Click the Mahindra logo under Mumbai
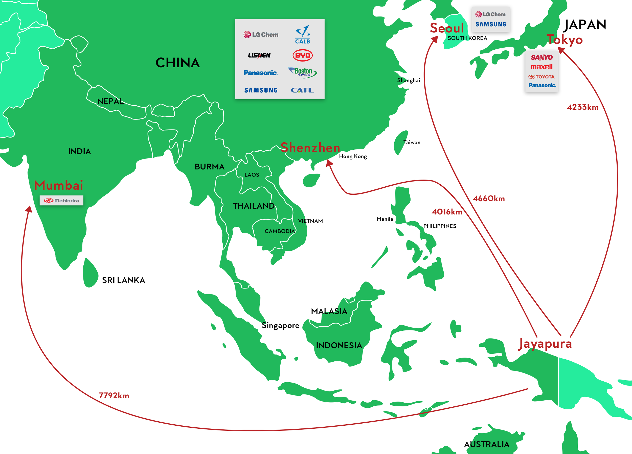[61, 200]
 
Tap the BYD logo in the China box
[303, 55]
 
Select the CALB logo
[303, 35]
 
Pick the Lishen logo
[259, 55]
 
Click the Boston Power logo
[303, 72]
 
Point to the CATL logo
[303, 90]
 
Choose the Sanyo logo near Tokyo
[541, 57]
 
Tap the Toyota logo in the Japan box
[541, 77]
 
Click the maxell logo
[541, 67]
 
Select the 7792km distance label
[114, 396]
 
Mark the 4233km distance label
[583, 107]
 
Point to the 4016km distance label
[447, 212]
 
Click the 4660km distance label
[488, 199]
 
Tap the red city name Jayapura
[545, 344]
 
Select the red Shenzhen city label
[310, 147]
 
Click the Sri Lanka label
[123, 280]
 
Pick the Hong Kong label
[353, 156]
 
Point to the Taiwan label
[412, 142]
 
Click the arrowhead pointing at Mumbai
[29, 209]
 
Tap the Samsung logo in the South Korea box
[491, 24]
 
